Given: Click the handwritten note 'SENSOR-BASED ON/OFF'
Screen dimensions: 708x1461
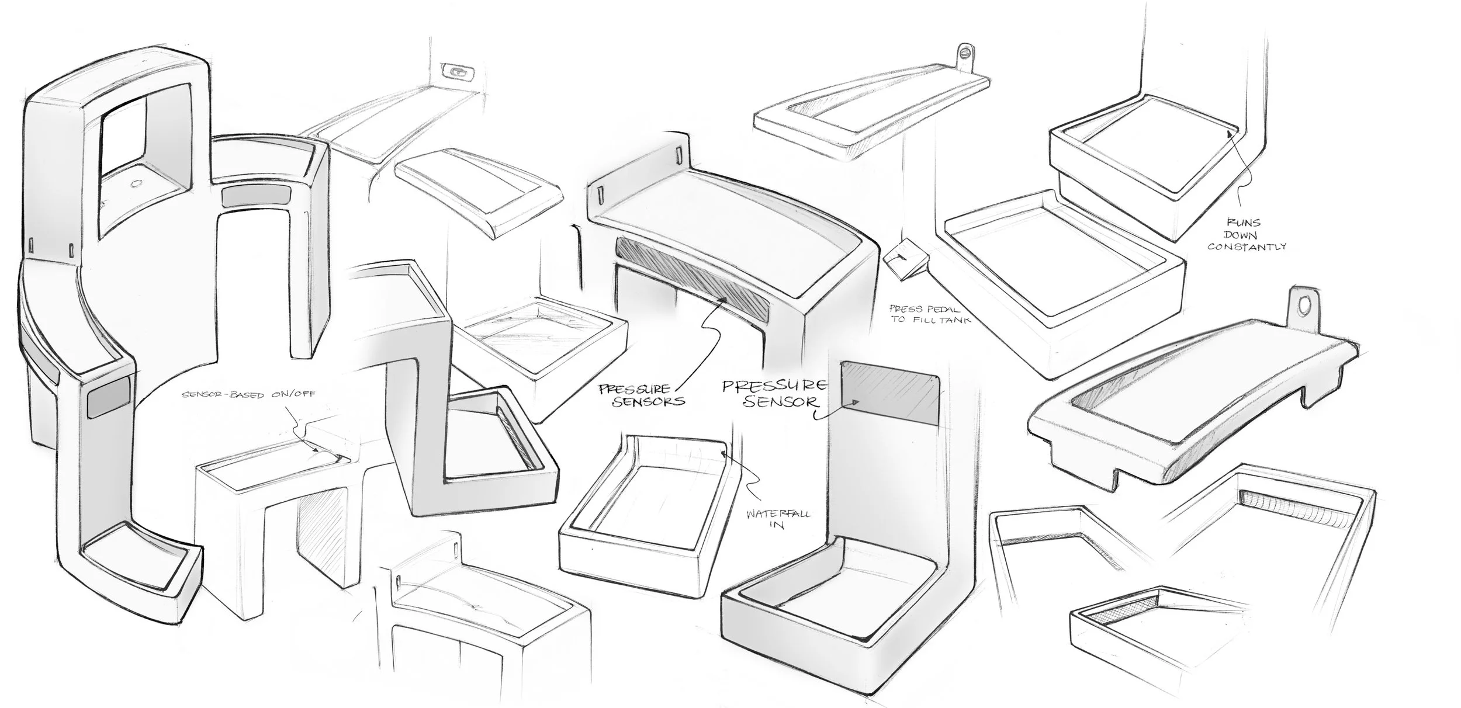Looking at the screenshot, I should point(248,395).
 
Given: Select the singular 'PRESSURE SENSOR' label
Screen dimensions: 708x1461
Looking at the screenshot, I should point(775,394).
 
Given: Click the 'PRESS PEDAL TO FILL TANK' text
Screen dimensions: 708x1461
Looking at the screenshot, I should point(930,314).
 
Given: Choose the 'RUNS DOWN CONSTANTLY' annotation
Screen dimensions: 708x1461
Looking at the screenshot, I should point(1247,234).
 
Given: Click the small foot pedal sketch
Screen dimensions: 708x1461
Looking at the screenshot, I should point(905,261).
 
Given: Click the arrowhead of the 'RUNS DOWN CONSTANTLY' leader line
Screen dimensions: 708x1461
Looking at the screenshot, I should point(1228,134).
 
